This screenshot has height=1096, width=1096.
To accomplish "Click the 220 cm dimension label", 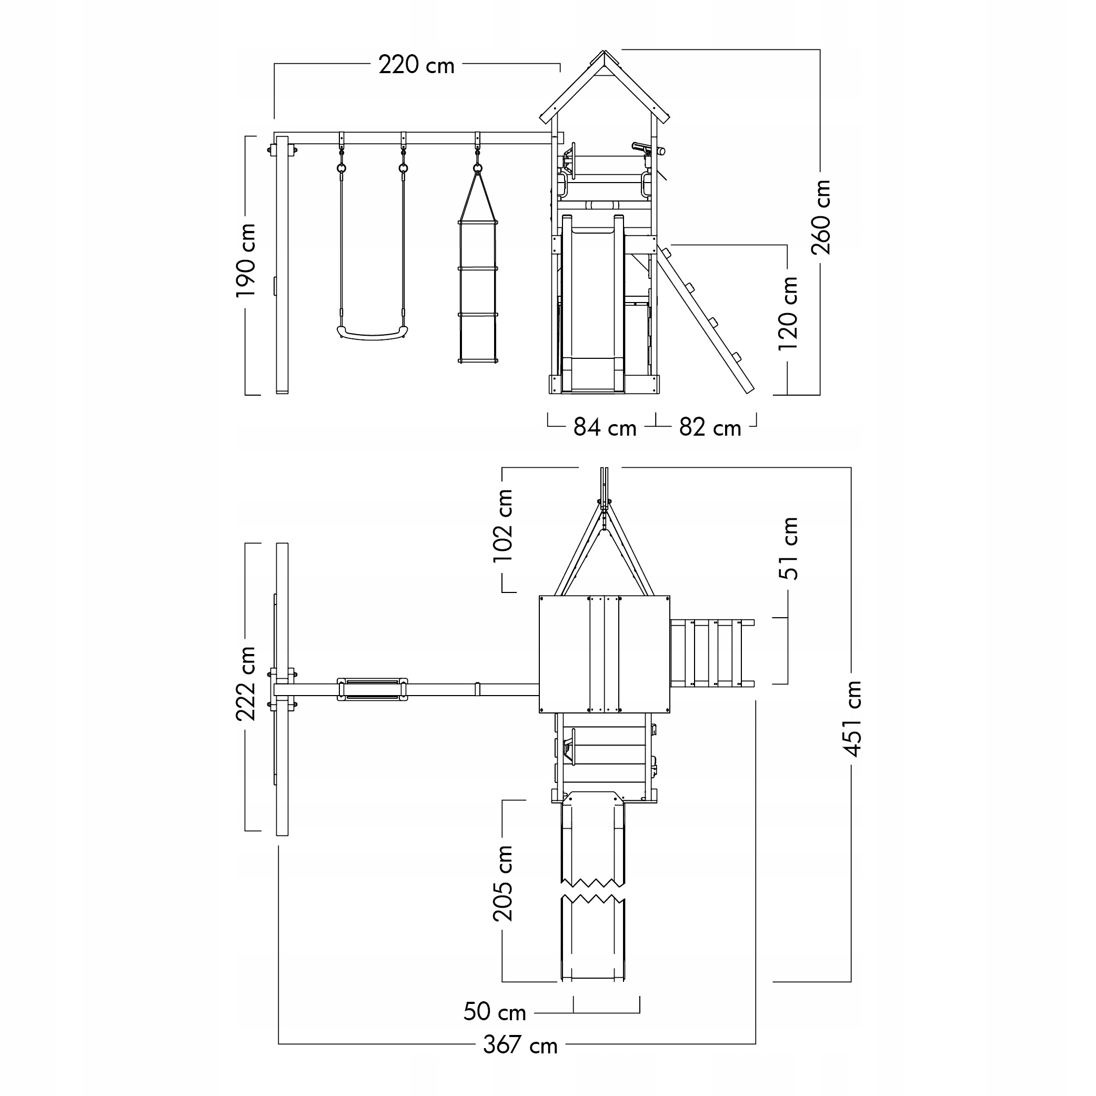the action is tap(416, 65).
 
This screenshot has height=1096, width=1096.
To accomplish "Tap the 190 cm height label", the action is tap(246, 260).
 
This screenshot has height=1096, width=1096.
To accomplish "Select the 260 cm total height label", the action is tap(821, 217).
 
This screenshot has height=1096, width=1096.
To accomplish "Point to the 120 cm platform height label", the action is tap(788, 313).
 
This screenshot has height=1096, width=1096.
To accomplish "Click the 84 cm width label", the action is tap(605, 428).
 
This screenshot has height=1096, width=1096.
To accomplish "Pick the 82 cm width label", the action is tap(710, 428).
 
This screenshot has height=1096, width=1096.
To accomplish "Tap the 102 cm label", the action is tap(503, 526).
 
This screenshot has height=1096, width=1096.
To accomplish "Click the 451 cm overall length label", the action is tap(851, 719).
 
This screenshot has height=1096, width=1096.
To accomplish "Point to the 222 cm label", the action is tap(246, 683).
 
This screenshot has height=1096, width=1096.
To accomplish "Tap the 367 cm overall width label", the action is tap(520, 1045).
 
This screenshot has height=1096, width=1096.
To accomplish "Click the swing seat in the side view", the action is tap(373, 334).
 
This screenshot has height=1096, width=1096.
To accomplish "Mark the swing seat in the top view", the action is tap(372, 689).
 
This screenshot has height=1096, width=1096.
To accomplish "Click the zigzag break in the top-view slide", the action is tap(593, 890).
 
